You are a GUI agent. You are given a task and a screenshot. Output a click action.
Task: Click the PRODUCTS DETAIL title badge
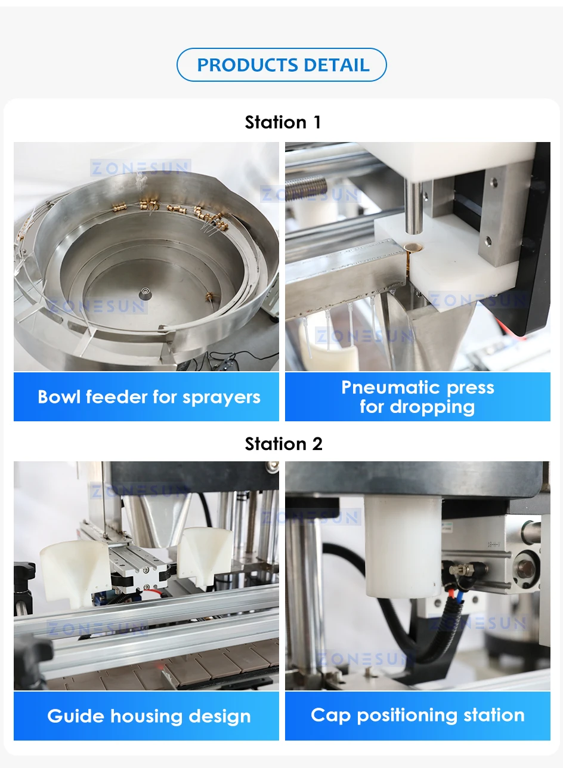(282, 65)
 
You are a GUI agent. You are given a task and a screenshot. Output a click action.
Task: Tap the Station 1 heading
(283, 122)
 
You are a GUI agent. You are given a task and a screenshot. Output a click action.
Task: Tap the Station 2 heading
(283, 444)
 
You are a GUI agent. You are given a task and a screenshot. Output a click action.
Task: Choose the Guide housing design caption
(149, 716)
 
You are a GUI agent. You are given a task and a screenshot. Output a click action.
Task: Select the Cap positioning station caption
(417, 715)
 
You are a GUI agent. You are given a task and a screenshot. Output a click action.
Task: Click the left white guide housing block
(72, 570)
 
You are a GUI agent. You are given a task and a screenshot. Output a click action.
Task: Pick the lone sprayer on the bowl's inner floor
(210, 295)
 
